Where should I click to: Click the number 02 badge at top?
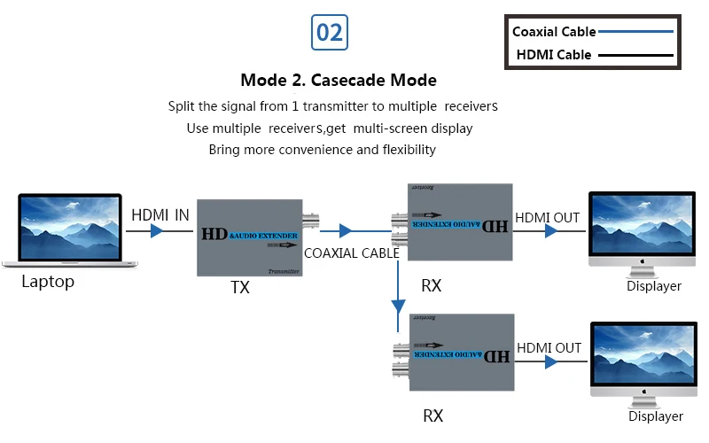[330, 33]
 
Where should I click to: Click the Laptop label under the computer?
[48, 283]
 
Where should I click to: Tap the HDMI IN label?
[160, 214]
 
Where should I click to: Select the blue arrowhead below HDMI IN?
[157, 231]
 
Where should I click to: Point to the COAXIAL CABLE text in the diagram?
[352, 253]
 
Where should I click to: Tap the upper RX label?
[432, 286]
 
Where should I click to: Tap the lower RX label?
[432, 416]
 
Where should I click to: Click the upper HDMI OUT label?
[548, 217]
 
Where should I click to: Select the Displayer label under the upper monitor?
[654, 286]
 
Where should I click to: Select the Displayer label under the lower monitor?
[656, 416]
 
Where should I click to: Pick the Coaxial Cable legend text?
[554, 32]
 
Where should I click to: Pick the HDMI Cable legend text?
[554, 56]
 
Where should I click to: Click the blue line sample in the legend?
[636, 32]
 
